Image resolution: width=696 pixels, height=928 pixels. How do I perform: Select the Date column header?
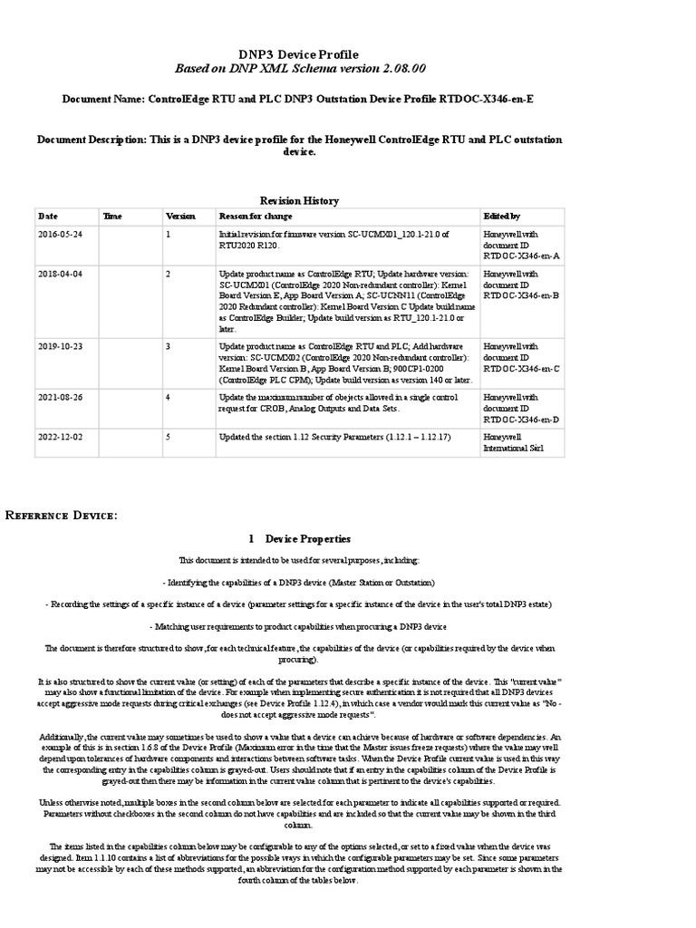[x=47, y=217]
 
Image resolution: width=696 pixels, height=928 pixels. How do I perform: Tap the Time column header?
[x=112, y=217]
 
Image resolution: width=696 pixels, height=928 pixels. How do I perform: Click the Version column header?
[x=179, y=217]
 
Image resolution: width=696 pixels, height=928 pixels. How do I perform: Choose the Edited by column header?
[x=503, y=217]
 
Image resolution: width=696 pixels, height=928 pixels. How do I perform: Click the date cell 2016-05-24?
[x=60, y=233]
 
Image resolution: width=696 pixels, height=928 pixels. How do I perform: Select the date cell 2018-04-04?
[x=60, y=272]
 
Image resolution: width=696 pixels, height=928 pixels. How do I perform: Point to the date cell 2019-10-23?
[x=60, y=346]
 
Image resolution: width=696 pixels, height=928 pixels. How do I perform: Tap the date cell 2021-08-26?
[x=60, y=396]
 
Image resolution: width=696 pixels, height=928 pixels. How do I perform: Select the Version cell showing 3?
[x=169, y=346]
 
